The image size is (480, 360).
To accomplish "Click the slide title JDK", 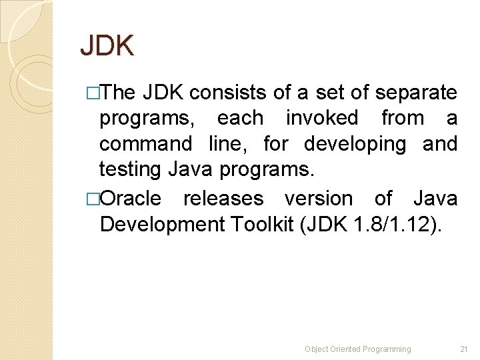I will (x=107, y=45).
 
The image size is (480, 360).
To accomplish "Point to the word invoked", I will (x=322, y=119).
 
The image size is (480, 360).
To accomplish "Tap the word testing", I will (x=130, y=170).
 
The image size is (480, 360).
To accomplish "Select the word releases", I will (x=223, y=199).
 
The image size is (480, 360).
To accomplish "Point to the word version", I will (x=319, y=199).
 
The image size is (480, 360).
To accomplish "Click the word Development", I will (x=163, y=224).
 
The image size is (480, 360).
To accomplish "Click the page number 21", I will (x=465, y=349).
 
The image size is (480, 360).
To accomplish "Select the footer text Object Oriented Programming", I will (x=358, y=349).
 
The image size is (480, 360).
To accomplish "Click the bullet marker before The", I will (x=93, y=93).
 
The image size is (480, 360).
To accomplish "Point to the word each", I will (x=240, y=119).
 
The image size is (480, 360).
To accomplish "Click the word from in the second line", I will (x=403, y=119).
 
